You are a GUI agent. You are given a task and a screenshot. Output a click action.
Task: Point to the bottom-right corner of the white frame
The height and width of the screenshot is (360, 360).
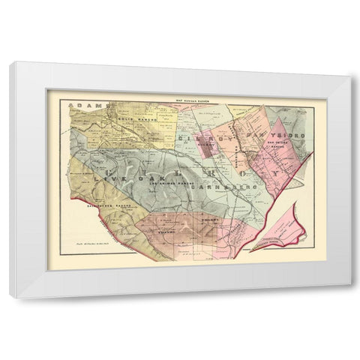tap(349, 296)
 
